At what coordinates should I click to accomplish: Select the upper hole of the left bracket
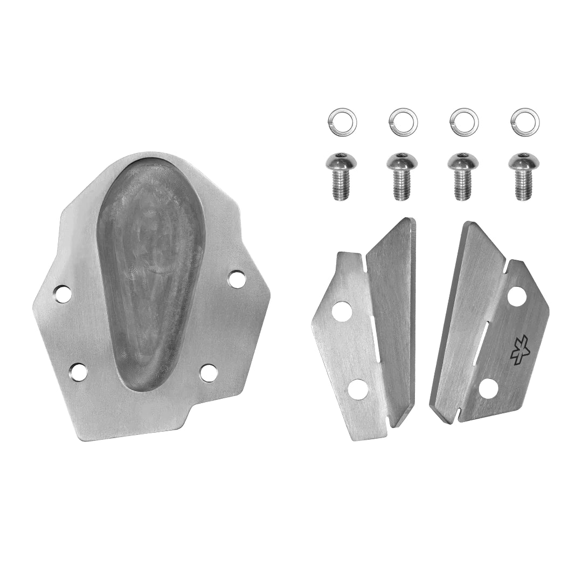coord(341,311)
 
